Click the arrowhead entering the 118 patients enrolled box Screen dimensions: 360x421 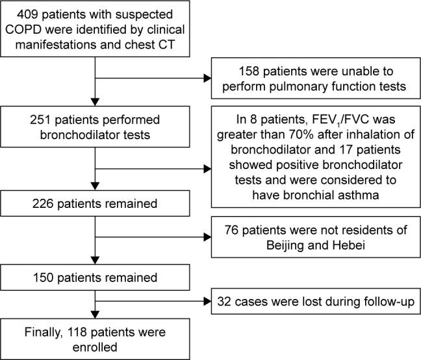point(96,315)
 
